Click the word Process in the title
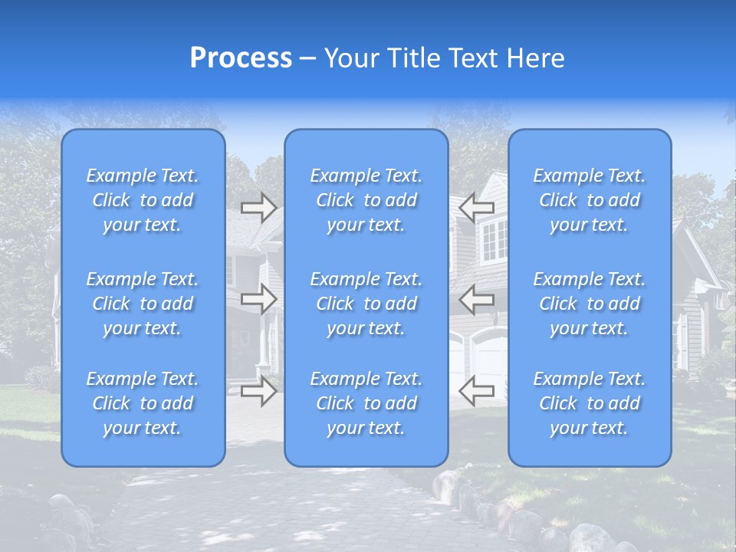pos(241,58)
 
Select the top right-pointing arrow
pos(258,207)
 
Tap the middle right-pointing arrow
pos(258,298)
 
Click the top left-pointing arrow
pos(476,207)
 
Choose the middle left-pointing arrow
pos(476,298)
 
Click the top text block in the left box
pos(143,200)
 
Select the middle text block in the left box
pos(143,304)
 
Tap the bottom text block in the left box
pos(143,403)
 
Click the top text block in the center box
pos(366,200)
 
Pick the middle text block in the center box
pos(366,304)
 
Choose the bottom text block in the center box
pos(366,403)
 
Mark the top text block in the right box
pos(589,200)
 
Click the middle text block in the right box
pos(589,304)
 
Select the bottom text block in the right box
pos(589,403)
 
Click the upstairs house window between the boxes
pos(494,239)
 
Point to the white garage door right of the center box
pos(489,360)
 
